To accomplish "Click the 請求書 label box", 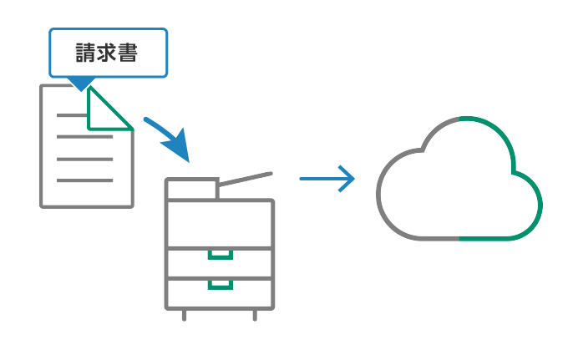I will click(x=109, y=53).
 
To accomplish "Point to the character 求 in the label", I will click(x=108, y=53).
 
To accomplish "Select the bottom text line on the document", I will click(x=84, y=180).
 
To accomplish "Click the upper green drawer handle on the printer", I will click(x=221, y=255).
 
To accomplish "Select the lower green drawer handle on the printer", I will click(x=221, y=285).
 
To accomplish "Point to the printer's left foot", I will click(x=185, y=315).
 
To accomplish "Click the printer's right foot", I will click(x=255, y=315).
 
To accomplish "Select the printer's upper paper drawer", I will click(x=221, y=263).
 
